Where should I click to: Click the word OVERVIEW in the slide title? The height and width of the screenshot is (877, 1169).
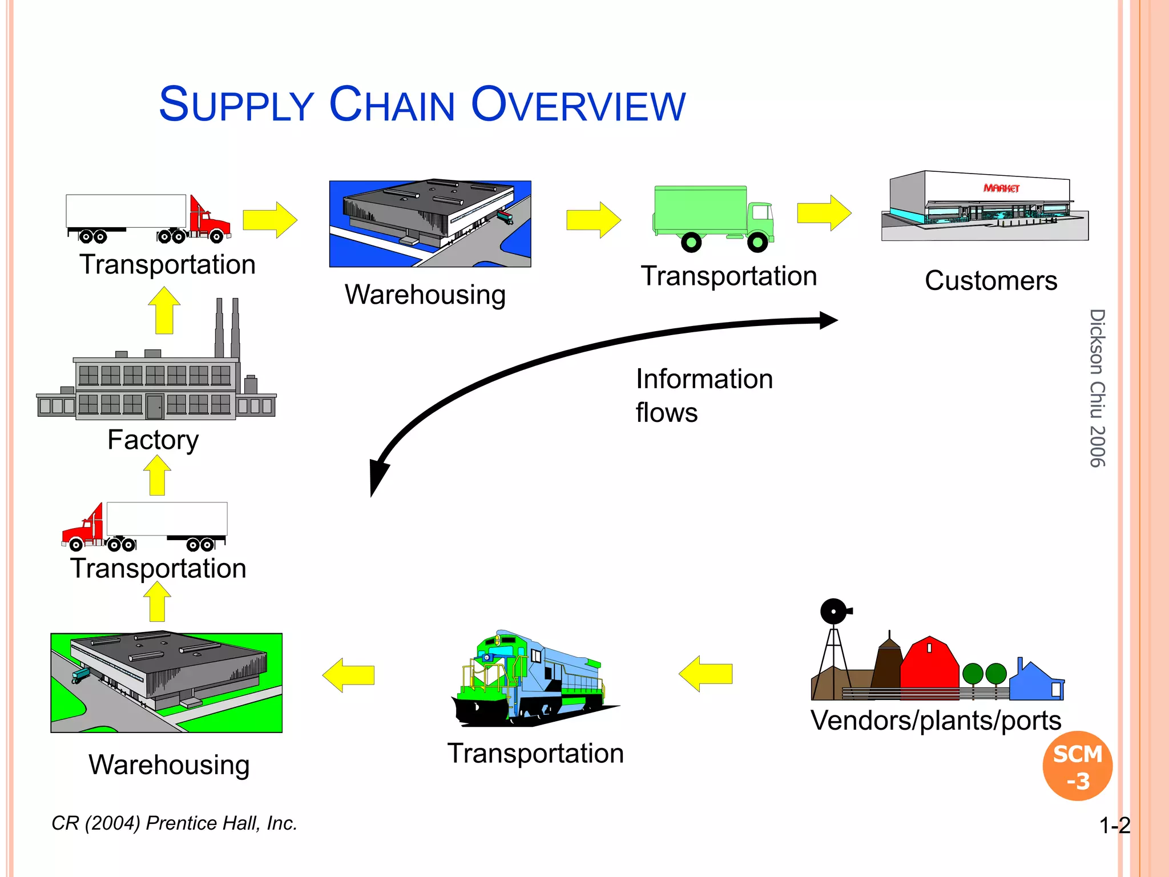pyautogui.click(x=578, y=106)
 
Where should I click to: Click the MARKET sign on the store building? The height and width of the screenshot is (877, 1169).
pyautogui.click(x=1001, y=188)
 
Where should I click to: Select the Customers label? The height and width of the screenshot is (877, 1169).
pyautogui.click(x=991, y=281)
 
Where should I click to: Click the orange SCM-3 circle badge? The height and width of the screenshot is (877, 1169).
pyautogui.click(x=1077, y=766)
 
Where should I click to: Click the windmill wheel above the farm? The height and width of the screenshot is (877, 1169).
pyautogui.click(x=834, y=612)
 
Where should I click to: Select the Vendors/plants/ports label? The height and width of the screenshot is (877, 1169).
pyautogui.click(x=936, y=721)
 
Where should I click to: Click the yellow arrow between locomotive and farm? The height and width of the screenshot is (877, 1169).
pyautogui.click(x=706, y=674)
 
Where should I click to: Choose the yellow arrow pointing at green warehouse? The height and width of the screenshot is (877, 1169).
pyautogui.click(x=348, y=675)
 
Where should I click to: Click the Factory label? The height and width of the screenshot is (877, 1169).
pyautogui.click(x=153, y=440)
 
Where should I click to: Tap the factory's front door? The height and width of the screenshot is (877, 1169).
pyautogui.click(x=154, y=407)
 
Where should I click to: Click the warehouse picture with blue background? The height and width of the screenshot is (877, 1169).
pyautogui.click(x=430, y=224)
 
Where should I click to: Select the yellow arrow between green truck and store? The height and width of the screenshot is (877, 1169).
pyautogui.click(x=824, y=213)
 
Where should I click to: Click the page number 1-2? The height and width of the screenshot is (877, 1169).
pyautogui.click(x=1114, y=826)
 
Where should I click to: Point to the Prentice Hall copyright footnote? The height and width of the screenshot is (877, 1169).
pyautogui.click(x=174, y=823)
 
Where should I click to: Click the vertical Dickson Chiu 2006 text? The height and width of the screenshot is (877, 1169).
pyautogui.click(x=1097, y=388)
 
